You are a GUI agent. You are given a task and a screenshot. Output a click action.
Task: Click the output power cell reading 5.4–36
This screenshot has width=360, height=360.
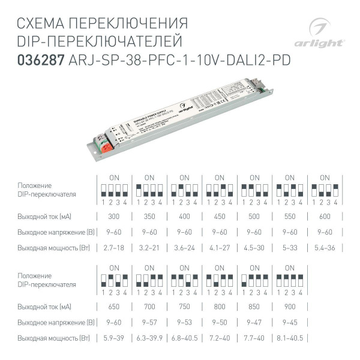click(324, 247)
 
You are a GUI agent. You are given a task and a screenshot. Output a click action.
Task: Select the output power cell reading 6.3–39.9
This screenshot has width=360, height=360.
click(149, 338)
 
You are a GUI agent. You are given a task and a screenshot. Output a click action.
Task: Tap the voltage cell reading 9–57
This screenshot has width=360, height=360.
click(149, 323)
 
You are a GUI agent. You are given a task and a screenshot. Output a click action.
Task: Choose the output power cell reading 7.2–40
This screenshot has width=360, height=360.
click(219, 338)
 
